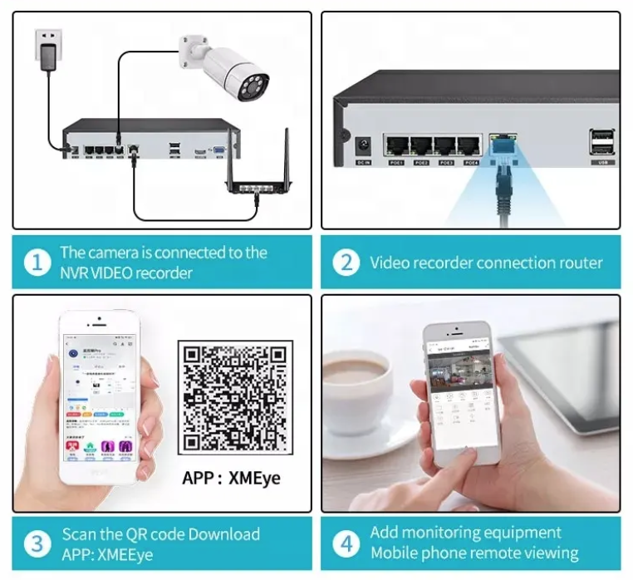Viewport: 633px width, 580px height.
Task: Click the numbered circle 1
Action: (x=37, y=263)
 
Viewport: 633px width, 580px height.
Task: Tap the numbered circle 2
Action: (x=346, y=263)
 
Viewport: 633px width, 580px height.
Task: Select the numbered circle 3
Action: (x=37, y=543)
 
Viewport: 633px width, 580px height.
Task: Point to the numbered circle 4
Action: (x=346, y=543)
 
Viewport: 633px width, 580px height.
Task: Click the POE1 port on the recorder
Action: (x=395, y=146)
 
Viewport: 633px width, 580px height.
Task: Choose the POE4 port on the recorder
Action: (x=470, y=146)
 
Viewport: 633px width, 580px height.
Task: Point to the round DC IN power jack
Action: (x=363, y=145)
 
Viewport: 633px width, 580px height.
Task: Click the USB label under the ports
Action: (x=603, y=163)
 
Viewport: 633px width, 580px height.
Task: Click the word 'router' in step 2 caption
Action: (x=577, y=263)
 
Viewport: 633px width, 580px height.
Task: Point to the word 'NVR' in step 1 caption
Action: (x=77, y=273)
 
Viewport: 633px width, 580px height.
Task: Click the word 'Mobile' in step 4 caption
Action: (x=397, y=553)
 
